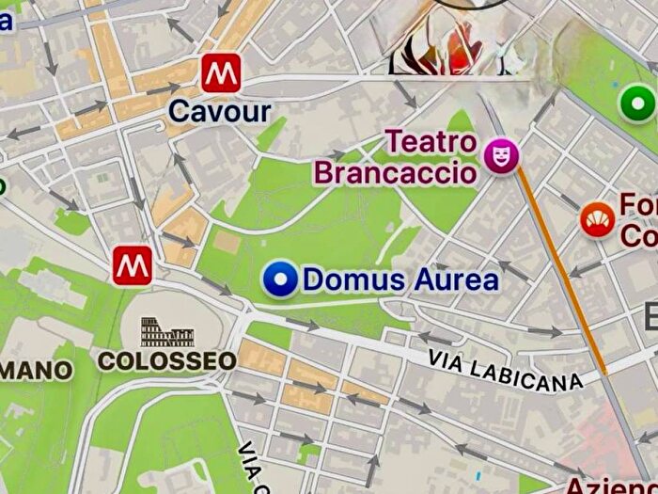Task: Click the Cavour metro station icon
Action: pyautogui.click(x=220, y=72)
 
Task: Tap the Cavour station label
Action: pyautogui.click(x=219, y=112)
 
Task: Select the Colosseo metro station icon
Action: pyautogui.click(x=133, y=266)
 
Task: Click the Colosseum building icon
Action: pyautogui.click(x=167, y=332)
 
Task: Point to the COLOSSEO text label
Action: pyautogui.click(x=167, y=360)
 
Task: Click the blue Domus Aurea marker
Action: pyautogui.click(x=279, y=279)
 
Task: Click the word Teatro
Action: pyautogui.click(x=432, y=143)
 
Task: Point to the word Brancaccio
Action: pyautogui.click(x=396, y=173)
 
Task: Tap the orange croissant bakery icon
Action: pyautogui.click(x=594, y=220)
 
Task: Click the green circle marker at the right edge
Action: pyautogui.click(x=639, y=101)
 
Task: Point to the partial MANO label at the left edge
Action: pyautogui.click(x=35, y=370)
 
